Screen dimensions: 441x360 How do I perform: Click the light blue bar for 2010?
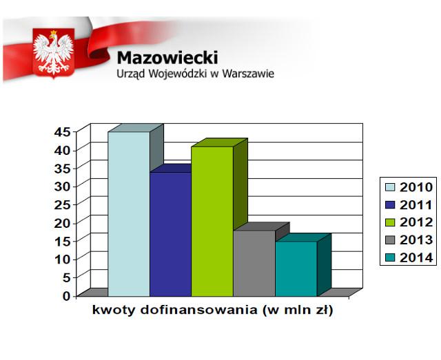(129, 214)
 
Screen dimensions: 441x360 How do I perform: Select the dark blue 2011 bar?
(170, 234)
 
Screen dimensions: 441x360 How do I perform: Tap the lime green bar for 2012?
(212, 222)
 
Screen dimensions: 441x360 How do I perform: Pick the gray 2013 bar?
(254, 264)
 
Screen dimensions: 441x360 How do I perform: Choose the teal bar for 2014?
(296, 269)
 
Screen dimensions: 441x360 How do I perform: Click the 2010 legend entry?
(409, 187)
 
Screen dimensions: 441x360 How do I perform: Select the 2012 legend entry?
(409, 222)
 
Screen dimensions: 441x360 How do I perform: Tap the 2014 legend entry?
(409, 257)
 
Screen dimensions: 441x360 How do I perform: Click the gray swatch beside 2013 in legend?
(390, 240)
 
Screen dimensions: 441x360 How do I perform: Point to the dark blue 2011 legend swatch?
(390, 205)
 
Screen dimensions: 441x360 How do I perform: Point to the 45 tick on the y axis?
(61, 131)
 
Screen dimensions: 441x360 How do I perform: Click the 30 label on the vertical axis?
(61, 187)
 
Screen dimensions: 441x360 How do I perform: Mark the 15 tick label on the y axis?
(61, 241)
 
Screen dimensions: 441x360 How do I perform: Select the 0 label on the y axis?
(66, 296)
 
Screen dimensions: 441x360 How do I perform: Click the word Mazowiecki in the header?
(167, 58)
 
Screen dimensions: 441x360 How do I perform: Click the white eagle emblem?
(54, 52)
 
